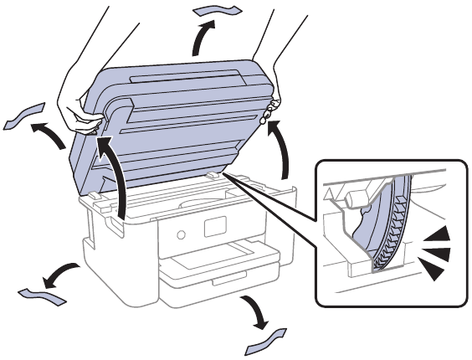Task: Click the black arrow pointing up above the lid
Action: tap(201, 38)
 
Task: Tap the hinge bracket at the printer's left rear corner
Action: tap(94, 199)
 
